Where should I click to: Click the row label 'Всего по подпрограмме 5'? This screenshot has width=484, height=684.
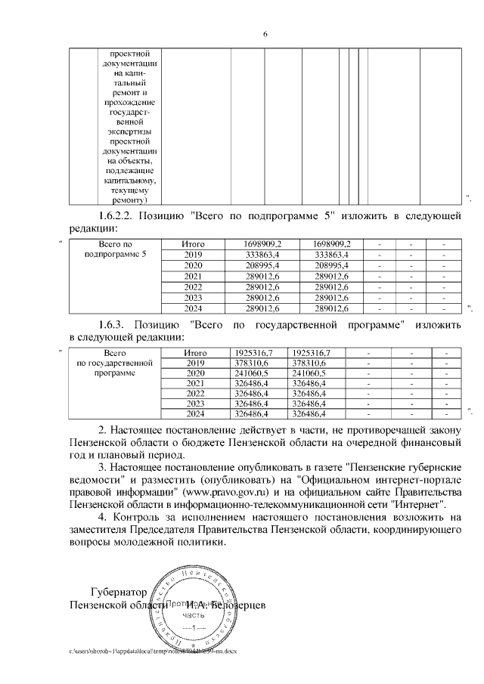coord(116,249)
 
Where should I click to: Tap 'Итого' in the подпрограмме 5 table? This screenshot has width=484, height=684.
coord(194,244)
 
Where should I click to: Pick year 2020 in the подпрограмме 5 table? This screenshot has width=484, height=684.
coord(194,265)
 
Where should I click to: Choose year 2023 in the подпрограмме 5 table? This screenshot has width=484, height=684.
coord(194,297)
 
